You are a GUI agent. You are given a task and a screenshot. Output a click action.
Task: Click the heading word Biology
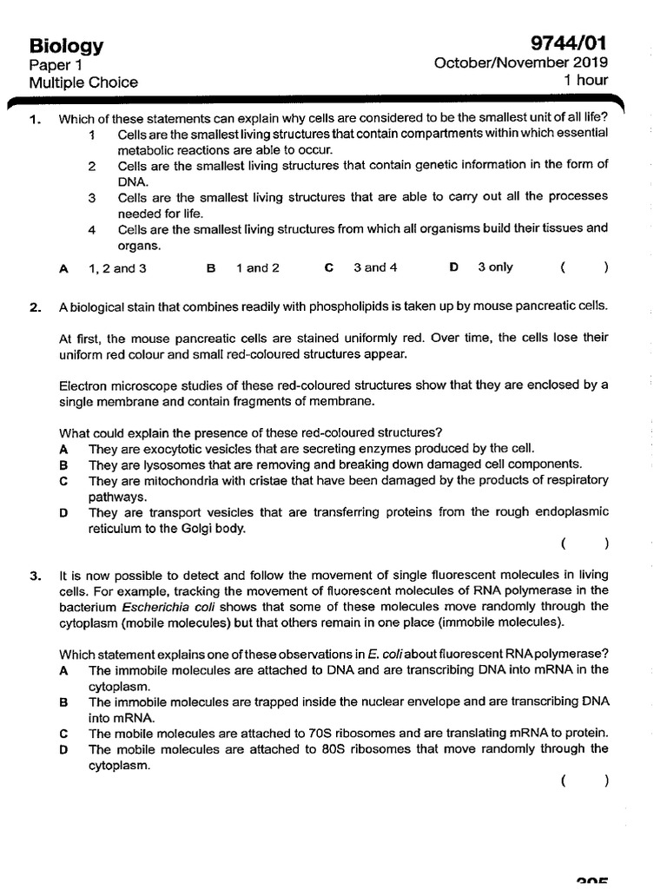coord(66,46)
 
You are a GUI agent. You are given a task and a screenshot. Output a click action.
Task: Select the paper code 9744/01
coord(569,44)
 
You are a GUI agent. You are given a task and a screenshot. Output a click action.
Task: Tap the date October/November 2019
coord(521,63)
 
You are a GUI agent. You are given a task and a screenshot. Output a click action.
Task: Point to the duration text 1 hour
coord(586,81)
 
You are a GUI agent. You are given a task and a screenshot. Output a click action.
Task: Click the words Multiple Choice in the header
coord(83,82)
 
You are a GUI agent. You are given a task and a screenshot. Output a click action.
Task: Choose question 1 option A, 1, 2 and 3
coord(116,268)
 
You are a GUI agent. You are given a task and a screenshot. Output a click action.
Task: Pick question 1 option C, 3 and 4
coord(374,267)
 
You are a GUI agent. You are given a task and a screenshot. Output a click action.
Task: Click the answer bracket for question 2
coord(584,544)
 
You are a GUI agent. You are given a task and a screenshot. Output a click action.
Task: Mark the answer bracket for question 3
coord(584,781)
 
